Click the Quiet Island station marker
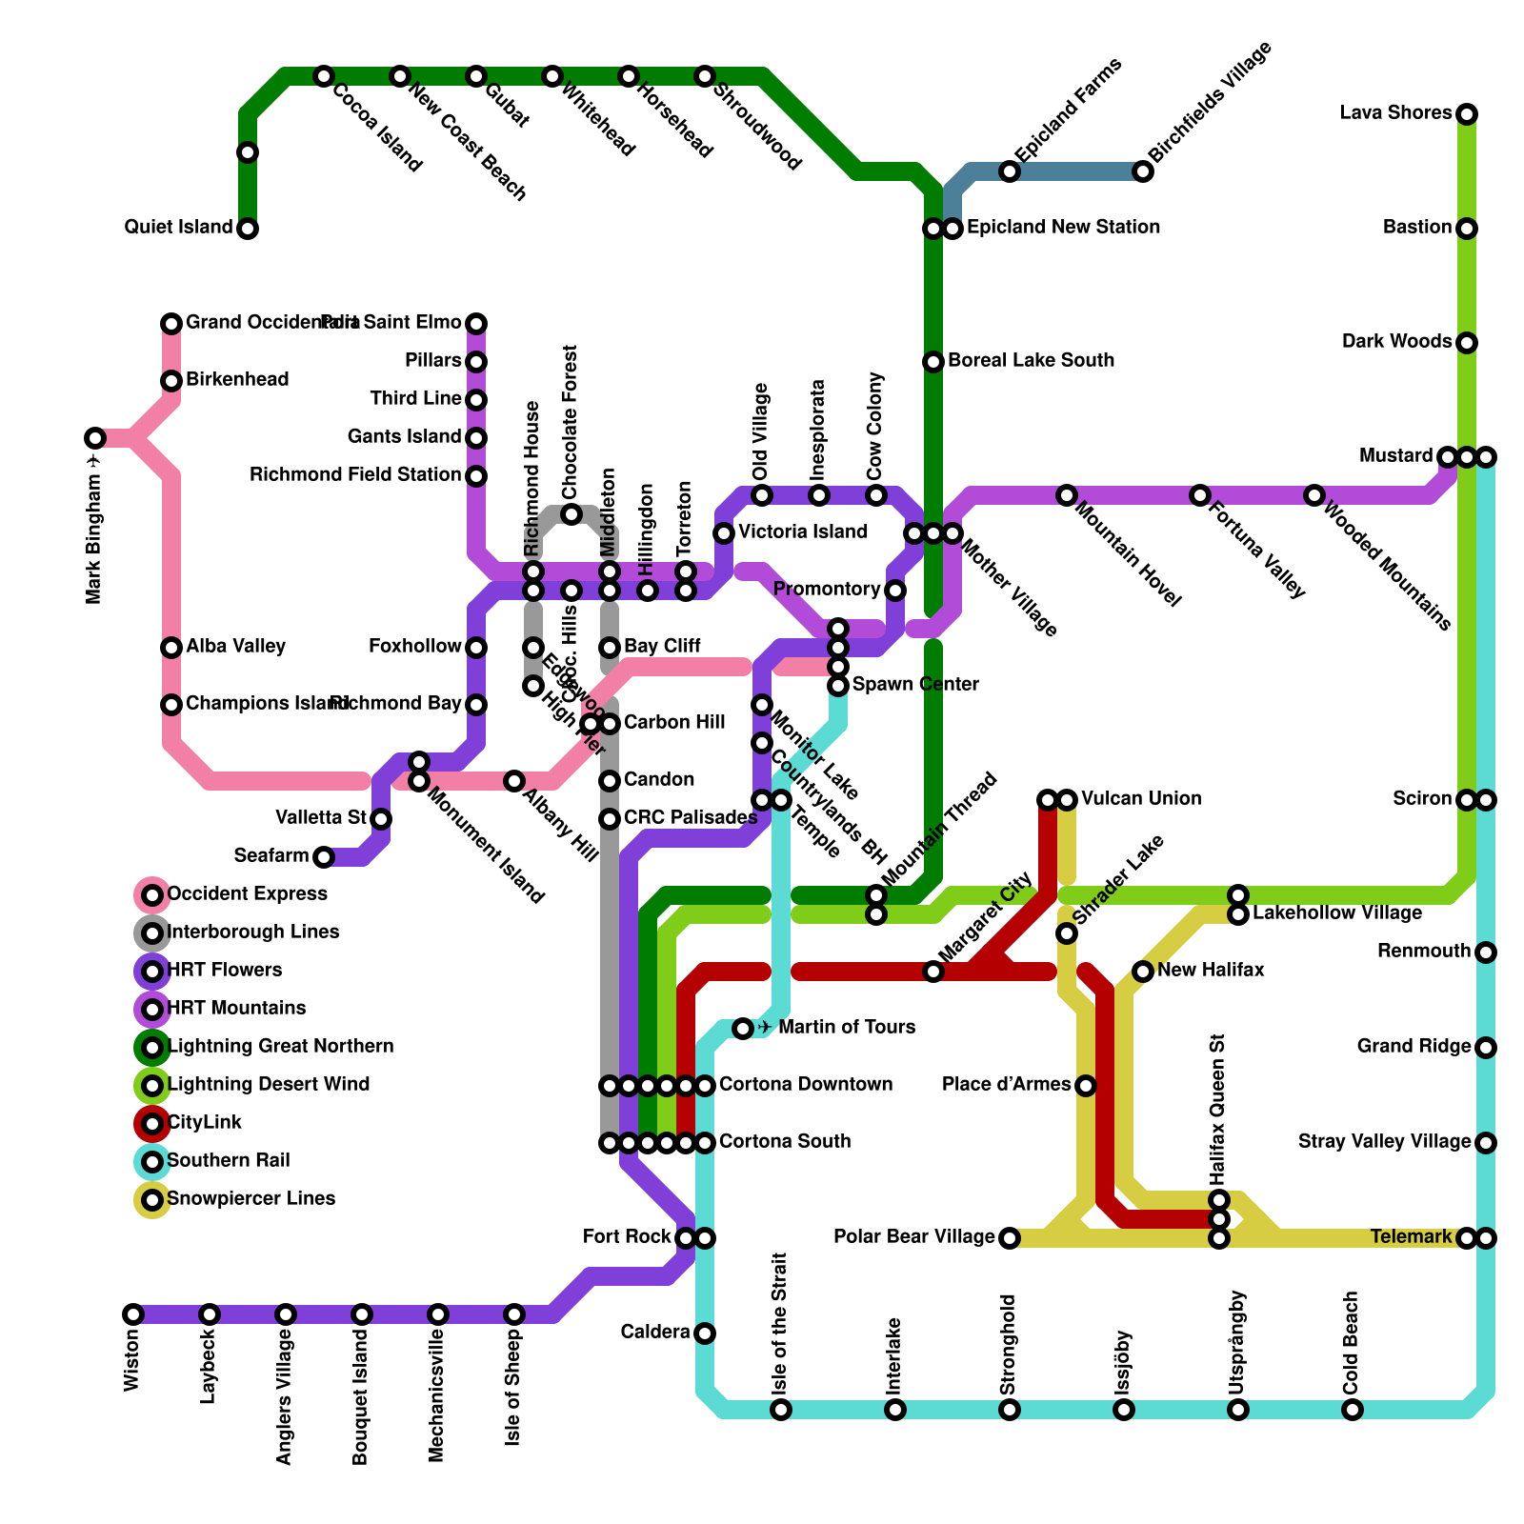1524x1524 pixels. click(x=248, y=229)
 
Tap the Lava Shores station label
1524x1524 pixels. click(x=1395, y=113)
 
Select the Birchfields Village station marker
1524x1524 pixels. click(x=1143, y=171)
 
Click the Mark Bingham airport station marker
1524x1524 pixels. click(x=95, y=438)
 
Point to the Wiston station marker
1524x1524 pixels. click(x=133, y=1314)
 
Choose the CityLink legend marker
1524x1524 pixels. click(x=152, y=1124)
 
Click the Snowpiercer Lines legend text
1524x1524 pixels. click(x=251, y=1198)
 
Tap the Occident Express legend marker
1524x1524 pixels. click(x=152, y=895)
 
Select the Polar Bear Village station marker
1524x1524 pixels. click(x=1010, y=1238)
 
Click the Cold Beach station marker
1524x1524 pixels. click(x=1353, y=1410)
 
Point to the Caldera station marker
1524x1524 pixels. click(x=705, y=1333)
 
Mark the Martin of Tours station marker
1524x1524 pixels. click(x=743, y=1029)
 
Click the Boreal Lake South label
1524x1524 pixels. click(x=1031, y=361)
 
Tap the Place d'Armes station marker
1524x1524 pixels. click(x=1086, y=1086)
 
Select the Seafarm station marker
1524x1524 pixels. click(x=324, y=857)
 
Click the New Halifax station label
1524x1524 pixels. click(x=1211, y=971)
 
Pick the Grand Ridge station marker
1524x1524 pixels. click(x=1486, y=1048)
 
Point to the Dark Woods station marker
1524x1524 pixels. click(x=1467, y=343)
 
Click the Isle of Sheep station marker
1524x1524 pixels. click(x=514, y=1314)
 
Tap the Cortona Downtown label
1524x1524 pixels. click(x=806, y=1085)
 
